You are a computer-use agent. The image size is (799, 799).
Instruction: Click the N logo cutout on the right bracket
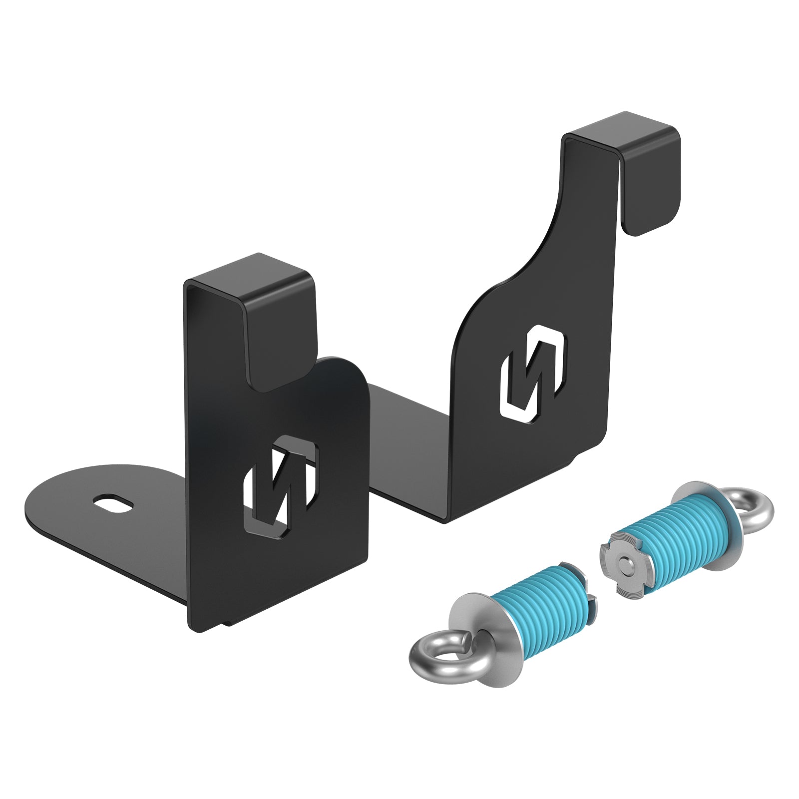pyautogui.click(x=533, y=371)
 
